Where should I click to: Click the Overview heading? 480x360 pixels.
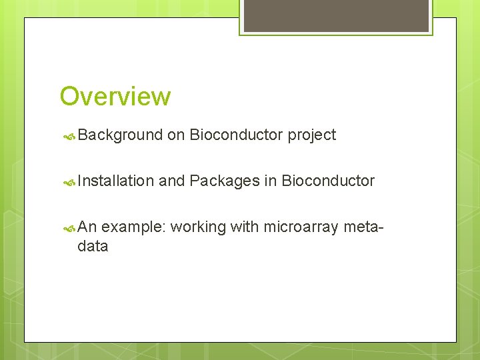[115, 97]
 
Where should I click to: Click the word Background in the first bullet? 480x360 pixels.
[120, 135]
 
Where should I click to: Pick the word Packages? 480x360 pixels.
[224, 181]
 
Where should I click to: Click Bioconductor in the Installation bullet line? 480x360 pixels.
[328, 181]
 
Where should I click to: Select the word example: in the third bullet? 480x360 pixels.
[133, 227]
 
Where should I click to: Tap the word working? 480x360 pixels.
[198, 227]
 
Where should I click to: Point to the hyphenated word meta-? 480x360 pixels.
[363, 227]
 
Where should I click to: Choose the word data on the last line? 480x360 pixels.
[93, 246]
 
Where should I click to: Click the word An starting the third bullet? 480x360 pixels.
[87, 227]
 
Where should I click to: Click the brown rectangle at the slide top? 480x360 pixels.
[336, 15]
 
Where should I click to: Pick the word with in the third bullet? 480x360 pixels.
[245, 227]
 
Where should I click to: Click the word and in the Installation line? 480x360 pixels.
[171, 181]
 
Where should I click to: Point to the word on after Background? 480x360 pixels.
[176, 135]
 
